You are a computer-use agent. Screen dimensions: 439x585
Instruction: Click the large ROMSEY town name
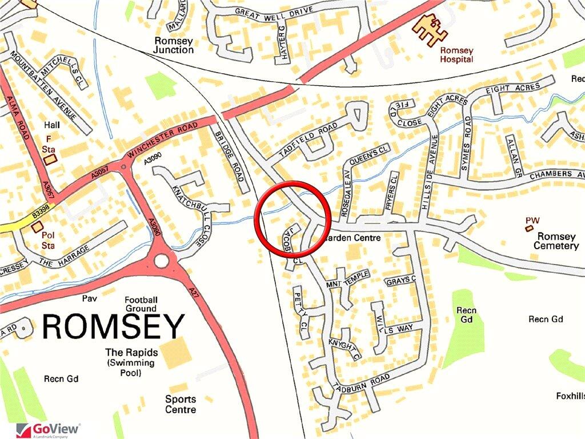coord(113,326)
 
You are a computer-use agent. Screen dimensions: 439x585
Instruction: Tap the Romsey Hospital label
coord(456,55)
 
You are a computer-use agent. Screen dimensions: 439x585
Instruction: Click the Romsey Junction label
coord(174,45)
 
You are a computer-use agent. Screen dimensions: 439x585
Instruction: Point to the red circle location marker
coord(292,215)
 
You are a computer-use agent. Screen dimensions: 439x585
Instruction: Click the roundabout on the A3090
coord(162,261)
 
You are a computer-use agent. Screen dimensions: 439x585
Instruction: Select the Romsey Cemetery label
coord(556,241)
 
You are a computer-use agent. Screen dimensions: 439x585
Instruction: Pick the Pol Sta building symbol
coord(37,227)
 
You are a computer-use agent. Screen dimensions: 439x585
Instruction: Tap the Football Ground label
coord(141,304)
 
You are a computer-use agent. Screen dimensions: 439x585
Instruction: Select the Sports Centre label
coord(181,404)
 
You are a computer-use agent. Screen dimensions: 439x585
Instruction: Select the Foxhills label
coord(570,396)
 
